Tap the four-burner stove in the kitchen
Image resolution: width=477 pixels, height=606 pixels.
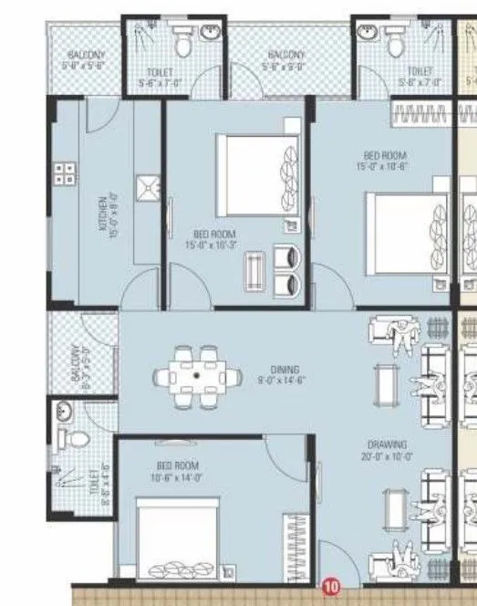coord(65,173)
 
